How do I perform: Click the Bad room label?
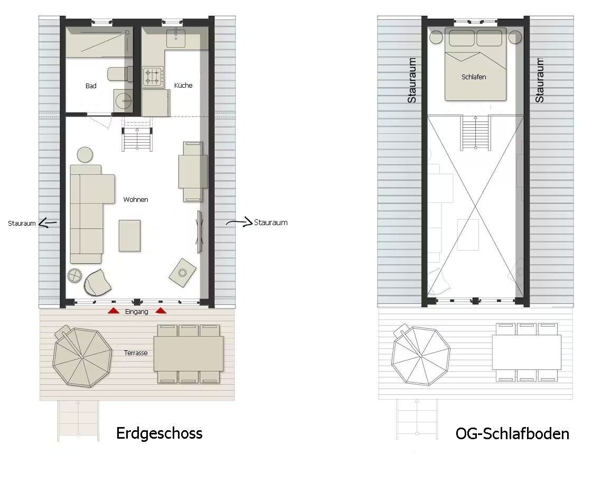click(91, 86)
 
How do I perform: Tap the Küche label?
click(183, 85)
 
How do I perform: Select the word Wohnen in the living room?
click(136, 199)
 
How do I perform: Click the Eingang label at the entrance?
click(137, 312)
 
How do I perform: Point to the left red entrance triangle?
click(114, 311)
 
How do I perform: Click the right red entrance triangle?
click(161, 311)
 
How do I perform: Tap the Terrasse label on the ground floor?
click(136, 353)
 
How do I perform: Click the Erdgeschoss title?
click(159, 433)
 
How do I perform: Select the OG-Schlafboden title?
click(512, 433)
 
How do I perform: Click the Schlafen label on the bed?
click(474, 77)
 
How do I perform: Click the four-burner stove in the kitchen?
click(153, 76)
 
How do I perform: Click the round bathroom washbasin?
click(123, 101)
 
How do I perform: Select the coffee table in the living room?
click(129, 235)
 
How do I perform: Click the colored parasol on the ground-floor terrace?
click(82, 357)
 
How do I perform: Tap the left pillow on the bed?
click(462, 38)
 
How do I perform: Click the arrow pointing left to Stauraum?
click(49, 223)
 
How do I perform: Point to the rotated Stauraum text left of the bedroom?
click(411, 80)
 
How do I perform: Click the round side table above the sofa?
click(85, 154)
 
